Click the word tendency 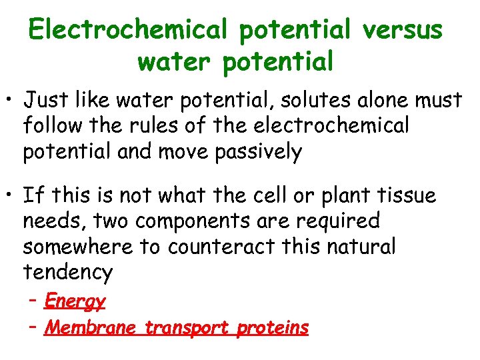[67, 272]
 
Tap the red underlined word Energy [75, 302]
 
